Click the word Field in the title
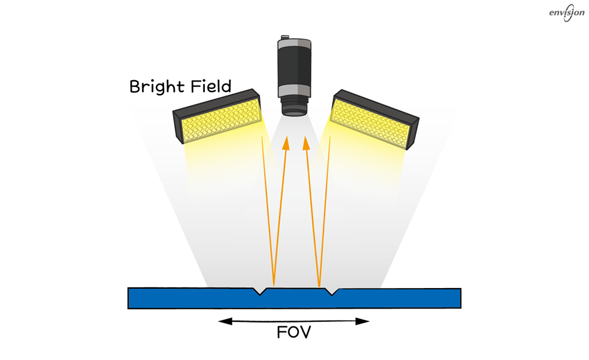coord(211,86)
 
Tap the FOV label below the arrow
coord(294,332)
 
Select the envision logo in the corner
coord(567,13)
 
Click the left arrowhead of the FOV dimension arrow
coord(225,321)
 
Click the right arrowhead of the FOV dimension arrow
coord(363,321)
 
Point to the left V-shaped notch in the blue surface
coord(259,291)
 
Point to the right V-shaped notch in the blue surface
coord(331,291)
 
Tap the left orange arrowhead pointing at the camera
coord(286,143)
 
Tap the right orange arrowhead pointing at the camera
coord(306,143)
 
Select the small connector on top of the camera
coord(285,37)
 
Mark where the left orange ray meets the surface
coord(274,287)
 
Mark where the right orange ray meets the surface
coord(320,287)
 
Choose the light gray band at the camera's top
coord(294,43)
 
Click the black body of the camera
coord(294,67)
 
